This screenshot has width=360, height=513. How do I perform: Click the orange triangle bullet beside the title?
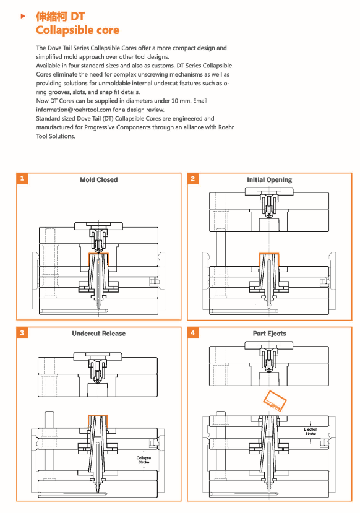point(22,15)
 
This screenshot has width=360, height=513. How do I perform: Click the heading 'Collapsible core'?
point(77,30)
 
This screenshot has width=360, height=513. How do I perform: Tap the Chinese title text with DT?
point(60,16)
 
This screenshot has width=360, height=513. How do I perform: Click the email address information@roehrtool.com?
point(74,110)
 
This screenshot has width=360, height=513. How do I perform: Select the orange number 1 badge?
point(22,178)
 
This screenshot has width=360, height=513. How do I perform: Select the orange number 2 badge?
point(192,178)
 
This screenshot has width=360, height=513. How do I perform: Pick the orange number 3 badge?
point(22,333)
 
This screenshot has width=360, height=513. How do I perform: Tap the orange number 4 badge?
point(192,333)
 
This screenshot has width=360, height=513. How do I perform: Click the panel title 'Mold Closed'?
point(99,179)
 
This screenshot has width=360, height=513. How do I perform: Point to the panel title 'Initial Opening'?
point(270,179)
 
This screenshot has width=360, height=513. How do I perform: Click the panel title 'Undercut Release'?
point(99,334)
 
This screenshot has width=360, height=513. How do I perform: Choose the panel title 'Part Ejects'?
point(270,334)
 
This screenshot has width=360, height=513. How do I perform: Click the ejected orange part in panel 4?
point(275,400)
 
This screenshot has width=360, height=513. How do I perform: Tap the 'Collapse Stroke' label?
point(144,460)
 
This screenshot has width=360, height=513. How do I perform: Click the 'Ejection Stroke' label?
point(311,431)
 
